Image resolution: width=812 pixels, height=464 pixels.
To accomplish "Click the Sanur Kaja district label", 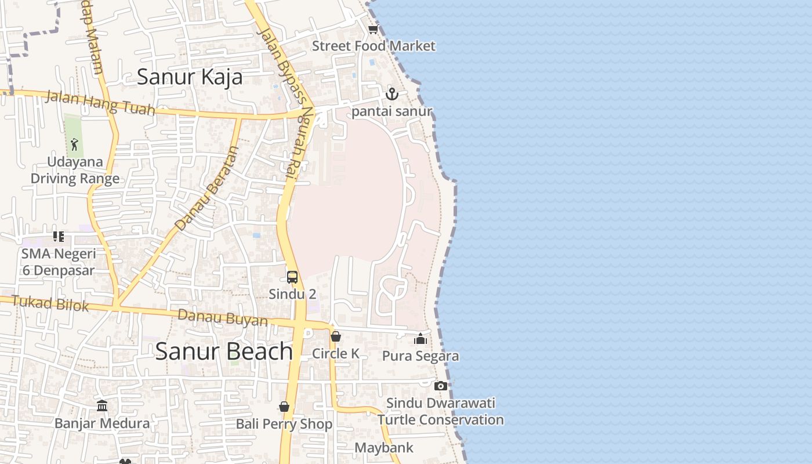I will [190, 77].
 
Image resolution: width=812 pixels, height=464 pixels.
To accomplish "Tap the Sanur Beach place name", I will [224, 351].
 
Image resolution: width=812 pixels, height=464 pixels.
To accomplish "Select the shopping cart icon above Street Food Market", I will [373, 29].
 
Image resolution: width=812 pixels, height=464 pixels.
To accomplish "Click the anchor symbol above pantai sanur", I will [392, 94].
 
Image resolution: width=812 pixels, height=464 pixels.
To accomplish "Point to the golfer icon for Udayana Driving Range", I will [74, 144].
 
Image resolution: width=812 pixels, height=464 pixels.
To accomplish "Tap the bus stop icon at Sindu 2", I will [292, 277].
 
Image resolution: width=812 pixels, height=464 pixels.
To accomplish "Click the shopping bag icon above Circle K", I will [335, 336].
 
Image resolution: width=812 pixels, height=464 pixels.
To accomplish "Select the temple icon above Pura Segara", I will [420, 339].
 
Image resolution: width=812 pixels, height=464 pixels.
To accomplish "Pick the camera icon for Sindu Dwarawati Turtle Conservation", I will [441, 386].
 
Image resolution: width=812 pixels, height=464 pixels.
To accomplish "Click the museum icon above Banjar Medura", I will [102, 405].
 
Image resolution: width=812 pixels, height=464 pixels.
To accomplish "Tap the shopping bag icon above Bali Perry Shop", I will [284, 407].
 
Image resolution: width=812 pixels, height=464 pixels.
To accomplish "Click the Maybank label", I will [384, 448].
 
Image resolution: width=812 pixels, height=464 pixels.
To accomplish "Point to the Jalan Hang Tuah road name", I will [100, 103].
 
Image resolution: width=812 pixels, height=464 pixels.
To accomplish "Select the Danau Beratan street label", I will [208, 188].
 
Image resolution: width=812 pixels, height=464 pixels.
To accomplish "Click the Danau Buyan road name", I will [223, 318].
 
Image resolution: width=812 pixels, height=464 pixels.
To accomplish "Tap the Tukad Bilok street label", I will [50, 303].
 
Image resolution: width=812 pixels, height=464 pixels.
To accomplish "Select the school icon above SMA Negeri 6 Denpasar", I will [59, 236].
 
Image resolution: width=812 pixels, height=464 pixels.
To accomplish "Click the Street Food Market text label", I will [374, 46].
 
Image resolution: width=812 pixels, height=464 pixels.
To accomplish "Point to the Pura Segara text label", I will [420, 356].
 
